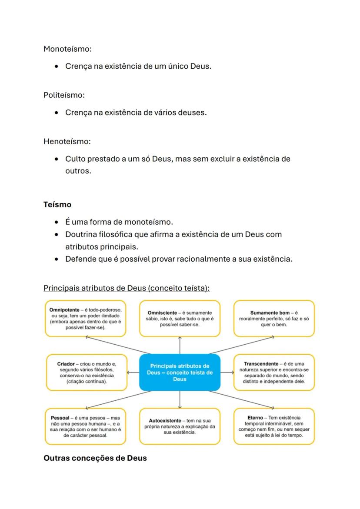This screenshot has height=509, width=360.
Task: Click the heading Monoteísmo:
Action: click(x=67, y=49)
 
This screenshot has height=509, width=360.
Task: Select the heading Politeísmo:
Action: click(x=64, y=95)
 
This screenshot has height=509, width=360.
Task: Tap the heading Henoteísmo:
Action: click(x=67, y=141)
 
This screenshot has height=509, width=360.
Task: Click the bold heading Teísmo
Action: click(x=57, y=204)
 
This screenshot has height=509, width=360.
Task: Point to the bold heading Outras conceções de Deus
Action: click(x=95, y=458)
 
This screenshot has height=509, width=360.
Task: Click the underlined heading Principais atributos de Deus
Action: click(x=127, y=288)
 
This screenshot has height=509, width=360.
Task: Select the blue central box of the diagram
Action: click(x=180, y=373)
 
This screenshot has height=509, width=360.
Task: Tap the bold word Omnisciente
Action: click(x=162, y=313)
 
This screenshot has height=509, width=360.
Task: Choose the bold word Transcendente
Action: click(x=261, y=363)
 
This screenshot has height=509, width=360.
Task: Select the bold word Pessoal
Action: click(x=60, y=418)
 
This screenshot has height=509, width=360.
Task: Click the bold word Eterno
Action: click(x=255, y=418)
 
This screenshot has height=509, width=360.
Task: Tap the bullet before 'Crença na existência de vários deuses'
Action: click(x=57, y=113)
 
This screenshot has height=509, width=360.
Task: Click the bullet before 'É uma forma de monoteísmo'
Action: click(x=57, y=223)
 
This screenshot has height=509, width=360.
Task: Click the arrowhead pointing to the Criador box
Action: click(x=128, y=373)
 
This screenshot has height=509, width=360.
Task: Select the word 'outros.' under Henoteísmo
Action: click(x=78, y=171)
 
